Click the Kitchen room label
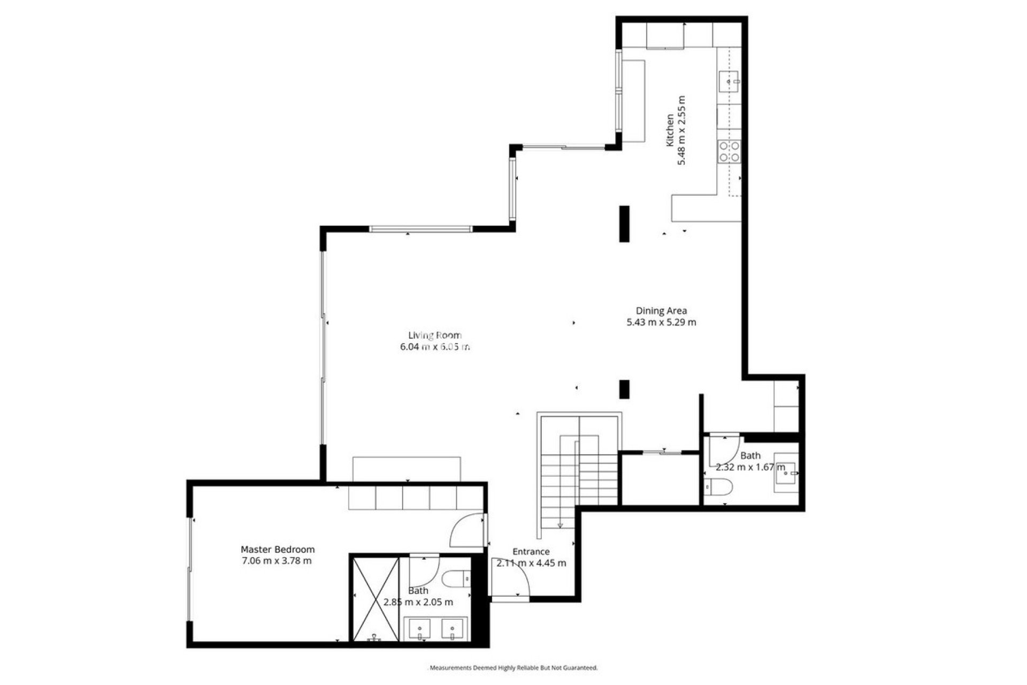click(x=669, y=130)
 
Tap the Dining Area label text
click(x=661, y=310)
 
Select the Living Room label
click(x=435, y=336)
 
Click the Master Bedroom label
click(x=278, y=550)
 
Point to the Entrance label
click(x=531, y=552)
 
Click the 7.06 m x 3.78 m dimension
click(x=277, y=561)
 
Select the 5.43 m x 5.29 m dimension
click(x=661, y=322)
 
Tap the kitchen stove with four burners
click(x=729, y=151)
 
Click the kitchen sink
click(x=728, y=81)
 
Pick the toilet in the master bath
click(x=456, y=579)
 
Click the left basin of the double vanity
click(x=420, y=629)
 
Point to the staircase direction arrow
click(x=561, y=525)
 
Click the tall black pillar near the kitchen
click(x=624, y=224)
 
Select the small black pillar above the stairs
click(x=624, y=389)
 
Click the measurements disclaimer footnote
click(x=513, y=668)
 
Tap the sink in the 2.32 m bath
click(x=786, y=473)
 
